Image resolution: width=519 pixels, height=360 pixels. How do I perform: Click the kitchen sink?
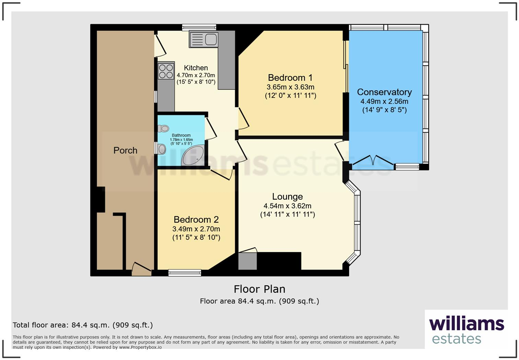coord(204,39)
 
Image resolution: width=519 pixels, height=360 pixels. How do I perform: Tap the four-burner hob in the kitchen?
coord(166,71)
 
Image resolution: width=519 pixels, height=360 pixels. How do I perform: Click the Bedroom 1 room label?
coord(290,78)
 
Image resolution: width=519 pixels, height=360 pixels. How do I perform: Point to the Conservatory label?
coord(384,92)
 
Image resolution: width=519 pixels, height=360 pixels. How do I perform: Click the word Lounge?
coord(287,196)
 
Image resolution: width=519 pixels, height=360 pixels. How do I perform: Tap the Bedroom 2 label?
coord(196,220)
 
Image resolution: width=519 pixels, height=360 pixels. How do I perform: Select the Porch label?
coord(125,150)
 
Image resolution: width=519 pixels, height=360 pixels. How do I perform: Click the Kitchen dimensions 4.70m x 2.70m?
coord(196,75)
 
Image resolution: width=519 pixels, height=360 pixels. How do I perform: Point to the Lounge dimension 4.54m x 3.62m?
coord(287,206)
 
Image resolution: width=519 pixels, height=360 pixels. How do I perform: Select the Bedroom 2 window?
coord(185,273)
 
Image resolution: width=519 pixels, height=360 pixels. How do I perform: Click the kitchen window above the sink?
coord(199,27)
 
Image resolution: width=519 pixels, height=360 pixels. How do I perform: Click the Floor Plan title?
coord(259,289)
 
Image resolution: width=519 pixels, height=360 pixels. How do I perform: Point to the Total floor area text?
coord(83,325)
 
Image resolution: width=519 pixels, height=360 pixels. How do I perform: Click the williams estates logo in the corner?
coord(466,330)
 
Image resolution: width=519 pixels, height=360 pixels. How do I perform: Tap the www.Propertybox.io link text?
coord(140,347)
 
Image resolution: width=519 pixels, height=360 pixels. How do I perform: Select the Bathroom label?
coord(181,135)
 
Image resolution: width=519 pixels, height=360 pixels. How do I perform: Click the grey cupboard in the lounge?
coord(247,261)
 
